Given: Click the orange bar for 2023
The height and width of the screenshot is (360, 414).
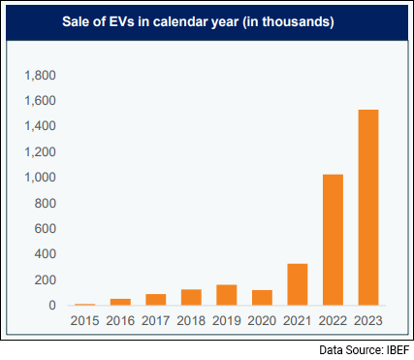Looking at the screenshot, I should click(x=367, y=208).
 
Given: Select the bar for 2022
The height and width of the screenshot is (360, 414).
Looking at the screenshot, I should click(x=333, y=240).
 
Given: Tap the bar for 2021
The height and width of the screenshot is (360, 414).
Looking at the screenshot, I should click(x=298, y=284).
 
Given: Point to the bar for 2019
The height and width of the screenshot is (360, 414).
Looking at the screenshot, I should click(x=227, y=295).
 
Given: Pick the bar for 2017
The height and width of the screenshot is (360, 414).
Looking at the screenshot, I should click(x=156, y=300).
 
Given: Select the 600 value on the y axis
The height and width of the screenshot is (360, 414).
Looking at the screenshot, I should click(x=46, y=229).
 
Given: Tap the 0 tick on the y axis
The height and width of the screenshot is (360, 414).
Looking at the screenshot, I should click(x=53, y=306).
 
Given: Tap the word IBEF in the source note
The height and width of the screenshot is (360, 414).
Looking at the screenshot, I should click(x=394, y=349).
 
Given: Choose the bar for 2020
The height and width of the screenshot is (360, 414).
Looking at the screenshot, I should click(x=262, y=298).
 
